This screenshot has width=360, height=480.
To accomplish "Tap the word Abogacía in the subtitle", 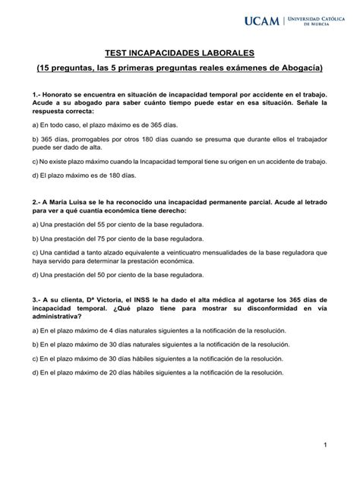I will point(298,68).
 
